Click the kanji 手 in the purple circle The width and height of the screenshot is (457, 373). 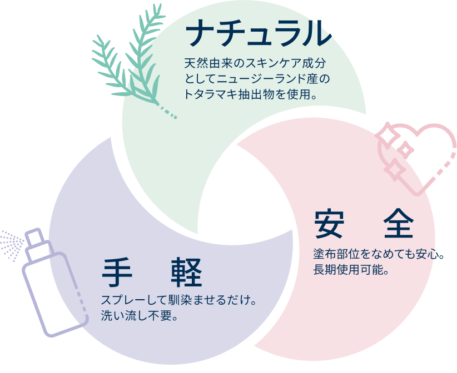click(118, 273)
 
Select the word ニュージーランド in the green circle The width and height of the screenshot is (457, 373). click(262, 79)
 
